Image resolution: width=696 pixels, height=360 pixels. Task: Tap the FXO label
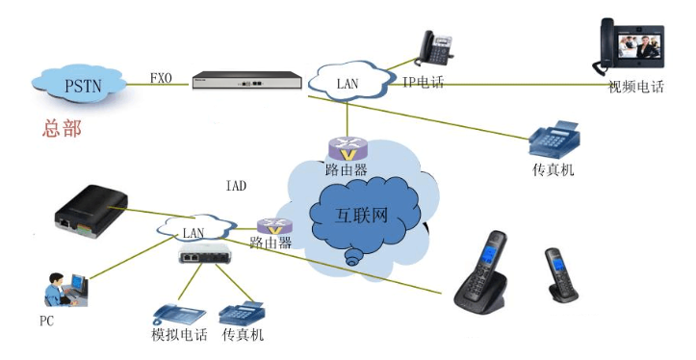point(162,78)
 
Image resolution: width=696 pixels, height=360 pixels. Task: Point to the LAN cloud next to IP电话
point(348,84)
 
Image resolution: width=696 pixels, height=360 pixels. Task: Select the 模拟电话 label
point(179,335)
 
